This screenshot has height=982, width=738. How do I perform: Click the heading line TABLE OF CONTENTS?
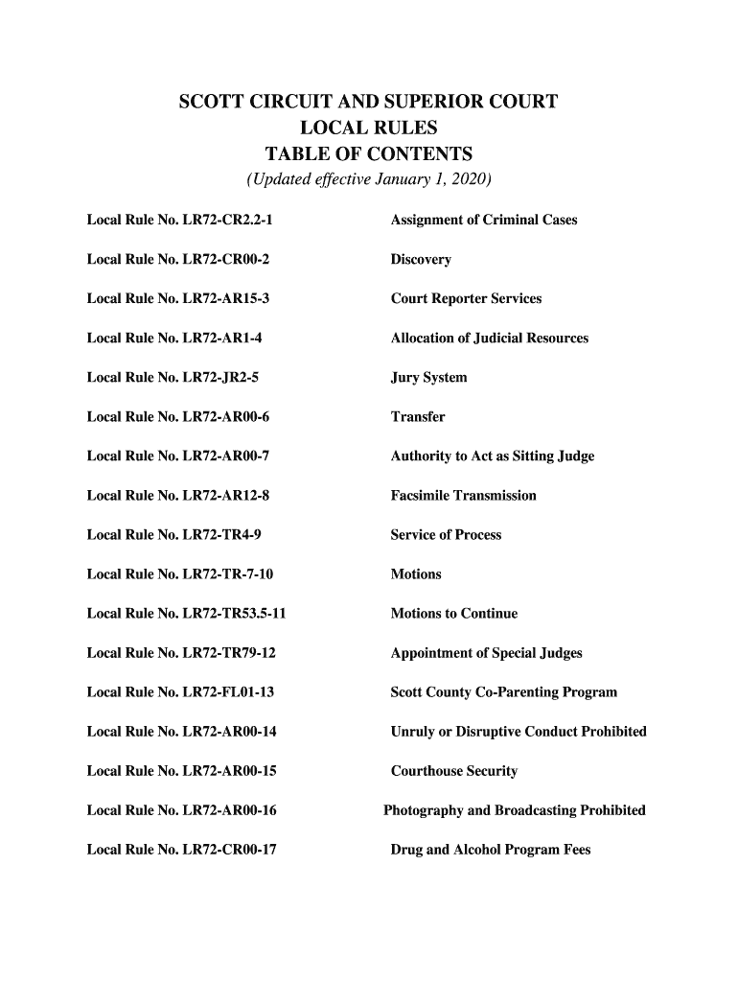click(x=368, y=154)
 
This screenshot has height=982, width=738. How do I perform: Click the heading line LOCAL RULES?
click(x=368, y=129)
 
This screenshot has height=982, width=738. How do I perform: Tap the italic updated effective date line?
click(x=368, y=180)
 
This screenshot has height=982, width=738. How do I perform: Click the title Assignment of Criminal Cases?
click(x=484, y=221)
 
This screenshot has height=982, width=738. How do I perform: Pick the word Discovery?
click(x=421, y=260)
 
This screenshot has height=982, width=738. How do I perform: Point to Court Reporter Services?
click(x=466, y=299)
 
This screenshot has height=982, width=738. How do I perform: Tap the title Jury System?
click(x=428, y=378)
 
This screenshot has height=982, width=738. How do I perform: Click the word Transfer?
click(x=418, y=417)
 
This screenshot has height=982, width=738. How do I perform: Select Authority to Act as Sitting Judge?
click(x=493, y=456)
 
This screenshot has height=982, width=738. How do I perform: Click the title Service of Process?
click(x=446, y=535)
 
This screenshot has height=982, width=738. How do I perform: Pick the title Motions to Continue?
click(x=453, y=614)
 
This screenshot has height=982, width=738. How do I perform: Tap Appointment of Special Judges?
click(x=486, y=654)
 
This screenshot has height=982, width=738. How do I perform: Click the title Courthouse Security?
click(x=453, y=771)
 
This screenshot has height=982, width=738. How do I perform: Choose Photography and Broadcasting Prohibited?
click(x=515, y=810)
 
